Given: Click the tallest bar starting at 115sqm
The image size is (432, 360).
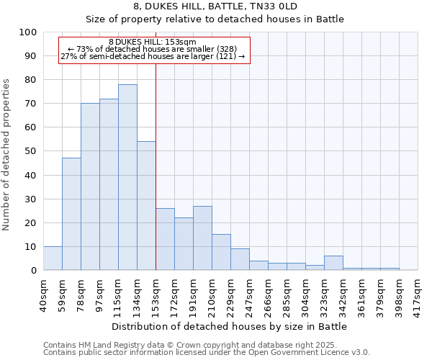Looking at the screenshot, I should click(x=127, y=177).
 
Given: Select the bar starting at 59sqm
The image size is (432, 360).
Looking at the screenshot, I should click(x=71, y=214).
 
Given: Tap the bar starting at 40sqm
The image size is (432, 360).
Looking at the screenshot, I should click(x=53, y=258).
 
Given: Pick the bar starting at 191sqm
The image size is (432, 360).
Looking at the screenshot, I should click(x=202, y=238).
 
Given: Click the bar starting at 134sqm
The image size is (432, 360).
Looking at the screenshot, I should click(x=146, y=206).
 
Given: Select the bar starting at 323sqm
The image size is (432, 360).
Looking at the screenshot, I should click(x=333, y=263).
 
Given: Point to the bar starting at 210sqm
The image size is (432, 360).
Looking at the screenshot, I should click(x=221, y=252).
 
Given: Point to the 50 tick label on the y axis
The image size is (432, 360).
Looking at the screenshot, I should click(x=31, y=151).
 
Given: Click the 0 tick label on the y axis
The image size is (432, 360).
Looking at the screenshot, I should click(x=34, y=270).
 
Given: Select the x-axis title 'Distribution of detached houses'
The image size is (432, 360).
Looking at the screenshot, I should click(x=230, y=326).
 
